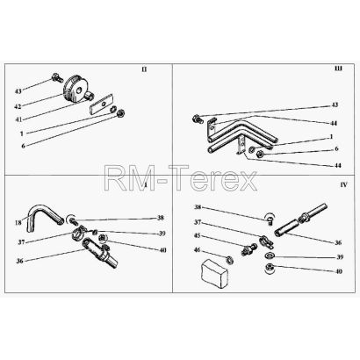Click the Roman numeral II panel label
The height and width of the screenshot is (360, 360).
(144, 69)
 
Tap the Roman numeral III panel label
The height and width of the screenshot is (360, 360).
(338, 68)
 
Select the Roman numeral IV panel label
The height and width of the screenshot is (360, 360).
(343, 184)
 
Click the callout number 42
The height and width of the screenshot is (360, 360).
(18, 106)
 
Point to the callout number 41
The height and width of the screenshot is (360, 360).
(18, 119)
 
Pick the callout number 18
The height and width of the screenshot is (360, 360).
(18, 223)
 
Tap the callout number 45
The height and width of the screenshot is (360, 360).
(198, 236)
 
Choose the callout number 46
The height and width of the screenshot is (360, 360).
(198, 249)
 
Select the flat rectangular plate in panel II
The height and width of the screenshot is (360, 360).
(101, 104)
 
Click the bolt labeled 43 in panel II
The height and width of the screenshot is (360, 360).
(57, 77)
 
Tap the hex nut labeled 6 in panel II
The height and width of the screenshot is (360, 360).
(120, 113)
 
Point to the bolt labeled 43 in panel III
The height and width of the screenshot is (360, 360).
(198, 119)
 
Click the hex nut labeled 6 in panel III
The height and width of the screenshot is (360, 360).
(259, 154)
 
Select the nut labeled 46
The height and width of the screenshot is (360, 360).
(229, 259)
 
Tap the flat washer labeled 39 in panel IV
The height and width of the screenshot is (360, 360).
(270, 256)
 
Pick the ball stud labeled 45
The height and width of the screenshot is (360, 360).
(247, 250)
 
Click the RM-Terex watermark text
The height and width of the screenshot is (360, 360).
(181, 177)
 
